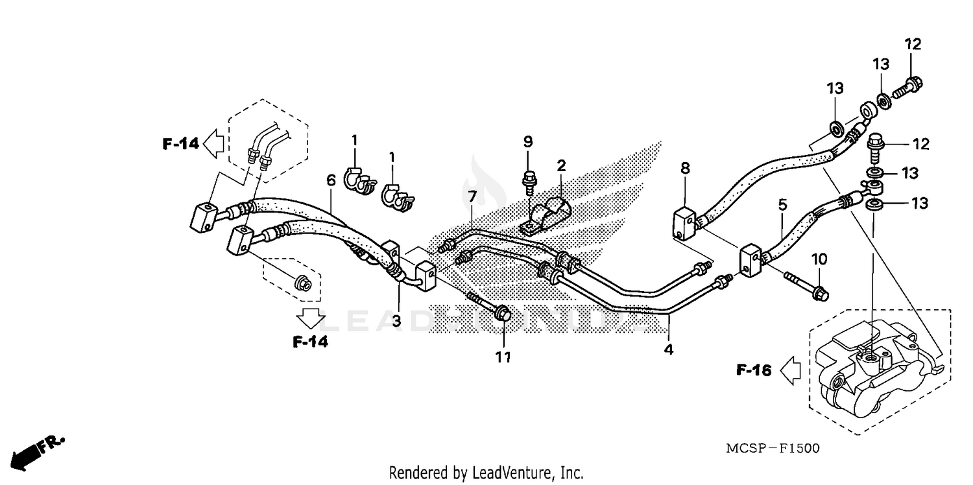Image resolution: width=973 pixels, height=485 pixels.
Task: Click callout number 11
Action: [504, 357]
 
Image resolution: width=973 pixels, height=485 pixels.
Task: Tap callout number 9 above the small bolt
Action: [527, 141]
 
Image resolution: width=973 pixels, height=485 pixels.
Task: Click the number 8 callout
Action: [685, 169]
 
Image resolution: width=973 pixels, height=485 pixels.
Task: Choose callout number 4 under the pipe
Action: [668, 349]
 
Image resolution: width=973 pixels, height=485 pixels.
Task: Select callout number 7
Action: [472, 196]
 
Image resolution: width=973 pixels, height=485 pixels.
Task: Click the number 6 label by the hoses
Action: [331, 180]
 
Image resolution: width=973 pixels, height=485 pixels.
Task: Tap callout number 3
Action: [396, 320]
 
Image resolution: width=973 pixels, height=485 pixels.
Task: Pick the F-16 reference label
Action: [753, 370]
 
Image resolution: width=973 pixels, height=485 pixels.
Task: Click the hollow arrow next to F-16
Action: [789, 370]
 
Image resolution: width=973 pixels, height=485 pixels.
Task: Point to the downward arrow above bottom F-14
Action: [310, 318]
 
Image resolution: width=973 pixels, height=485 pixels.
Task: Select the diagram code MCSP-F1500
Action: [772, 448]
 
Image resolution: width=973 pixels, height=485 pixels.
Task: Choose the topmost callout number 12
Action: [913, 44]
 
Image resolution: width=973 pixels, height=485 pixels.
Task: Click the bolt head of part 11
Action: [502, 314]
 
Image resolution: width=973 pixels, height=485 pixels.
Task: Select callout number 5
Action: [782, 204]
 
